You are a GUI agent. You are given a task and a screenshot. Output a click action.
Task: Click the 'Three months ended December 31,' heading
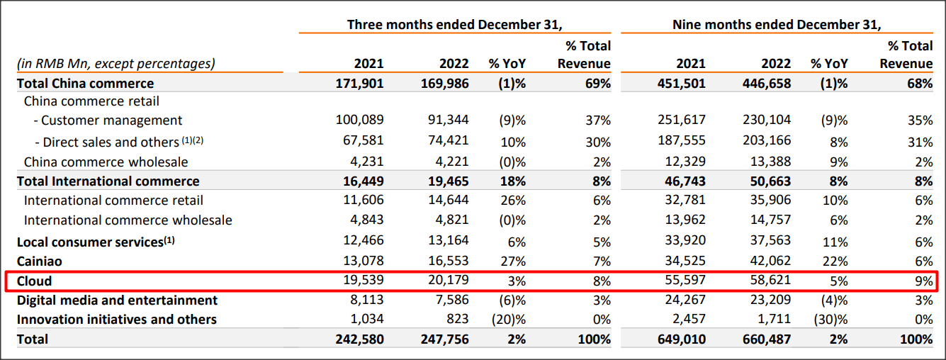[x=454, y=24]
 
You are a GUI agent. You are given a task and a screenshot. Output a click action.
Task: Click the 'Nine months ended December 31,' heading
[x=777, y=24]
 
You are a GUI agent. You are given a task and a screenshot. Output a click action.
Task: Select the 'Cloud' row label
[x=34, y=281]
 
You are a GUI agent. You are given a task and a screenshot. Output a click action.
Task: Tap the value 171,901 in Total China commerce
[x=359, y=84]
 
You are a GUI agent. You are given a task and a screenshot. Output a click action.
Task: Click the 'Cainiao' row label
[x=39, y=261]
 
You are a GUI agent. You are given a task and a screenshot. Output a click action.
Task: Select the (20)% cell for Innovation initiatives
[x=508, y=320]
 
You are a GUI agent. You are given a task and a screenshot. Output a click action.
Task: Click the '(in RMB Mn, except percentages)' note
[x=116, y=64]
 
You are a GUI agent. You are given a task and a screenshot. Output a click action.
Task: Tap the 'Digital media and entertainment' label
[x=117, y=300]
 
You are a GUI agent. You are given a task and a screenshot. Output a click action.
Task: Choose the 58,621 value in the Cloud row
[x=770, y=281]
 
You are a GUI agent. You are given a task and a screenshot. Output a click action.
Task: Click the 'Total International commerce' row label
[x=108, y=181]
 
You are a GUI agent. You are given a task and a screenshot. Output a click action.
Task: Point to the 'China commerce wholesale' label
[x=106, y=162]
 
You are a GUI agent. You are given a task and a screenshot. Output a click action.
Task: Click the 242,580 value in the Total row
[x=359, y=339]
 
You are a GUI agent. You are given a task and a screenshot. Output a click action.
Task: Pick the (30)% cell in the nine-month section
[x=830, y=320]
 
